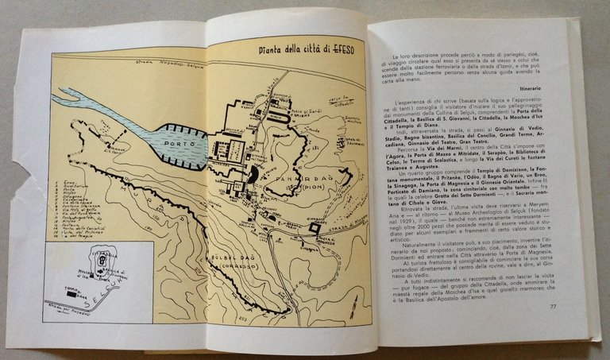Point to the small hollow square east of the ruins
(315, 228)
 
